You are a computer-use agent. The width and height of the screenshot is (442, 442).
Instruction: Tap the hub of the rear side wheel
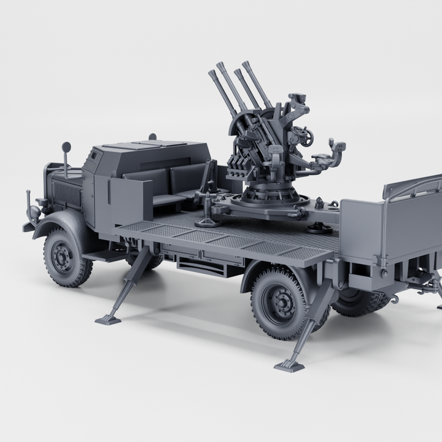[279, 302]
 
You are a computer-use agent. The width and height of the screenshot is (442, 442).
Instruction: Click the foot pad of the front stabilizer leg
[108, 319]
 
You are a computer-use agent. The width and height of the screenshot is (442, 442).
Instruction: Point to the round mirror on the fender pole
[66, 147]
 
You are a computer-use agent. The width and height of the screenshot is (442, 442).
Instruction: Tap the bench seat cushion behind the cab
[163, 199]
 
